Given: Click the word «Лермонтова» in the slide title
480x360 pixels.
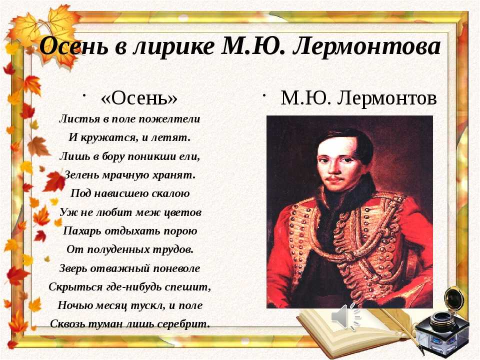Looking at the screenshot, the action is (x=366, y=46).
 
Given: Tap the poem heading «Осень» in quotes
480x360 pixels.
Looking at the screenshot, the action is (x=139, y=98).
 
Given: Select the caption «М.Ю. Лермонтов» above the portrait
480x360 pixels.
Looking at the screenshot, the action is (x=358, y=98).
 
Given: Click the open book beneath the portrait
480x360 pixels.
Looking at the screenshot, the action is (x=352, y=330).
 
